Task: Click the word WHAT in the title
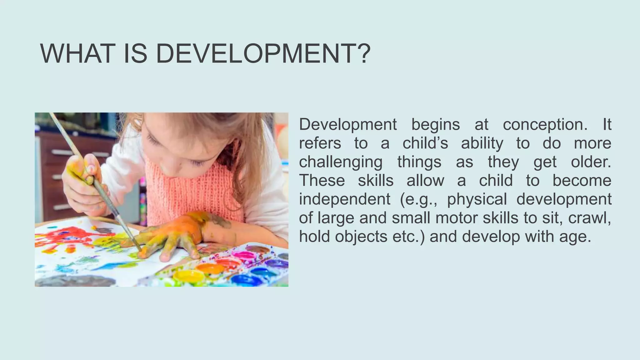coord(76,54)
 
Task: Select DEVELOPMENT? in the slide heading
coord(263,54)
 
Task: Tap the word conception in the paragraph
coord(545,125)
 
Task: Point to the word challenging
coord(341,162)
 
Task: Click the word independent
coord(345,199)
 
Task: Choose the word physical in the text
coord(477,199)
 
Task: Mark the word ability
coord(482,143)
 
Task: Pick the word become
coord(582,181)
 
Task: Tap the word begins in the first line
coord(436,125)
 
